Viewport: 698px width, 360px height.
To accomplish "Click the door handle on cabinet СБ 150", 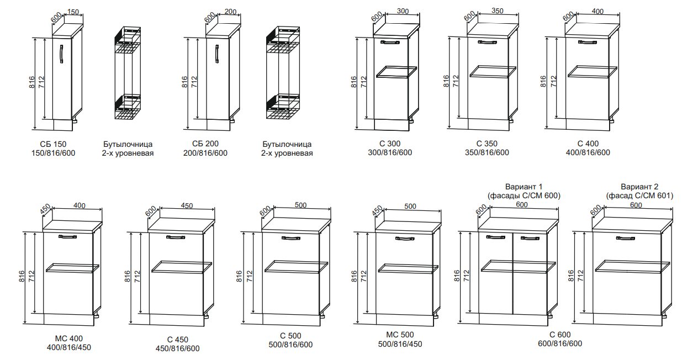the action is pyautogui.click(x=61, y=54).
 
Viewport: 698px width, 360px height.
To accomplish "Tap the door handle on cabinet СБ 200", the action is pyautogui.click(x=217, y=54).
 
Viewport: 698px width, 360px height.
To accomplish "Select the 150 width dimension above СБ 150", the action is pyautogui.click(x=73, y=12).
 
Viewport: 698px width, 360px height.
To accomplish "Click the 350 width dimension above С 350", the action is pyautogui.click(x=498, y=10).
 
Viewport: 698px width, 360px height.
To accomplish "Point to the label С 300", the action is pyautogui.click(x=390, y=144).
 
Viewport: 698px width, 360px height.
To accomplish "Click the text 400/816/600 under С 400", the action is pyautogui.click(x=588, y=152).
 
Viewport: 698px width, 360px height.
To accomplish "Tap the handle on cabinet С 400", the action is pyautogui.click(x=588, y=42).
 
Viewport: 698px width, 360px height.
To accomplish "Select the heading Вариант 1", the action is pyautogui.click(x=524, y=187).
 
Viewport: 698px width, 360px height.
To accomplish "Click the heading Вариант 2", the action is pyautogui.click(x=639, y=187).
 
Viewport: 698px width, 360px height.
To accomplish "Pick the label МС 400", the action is pyautogui.click(x=69, y=338).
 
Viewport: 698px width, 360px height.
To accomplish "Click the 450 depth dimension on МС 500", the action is pyautogui.click(x=377, y=211).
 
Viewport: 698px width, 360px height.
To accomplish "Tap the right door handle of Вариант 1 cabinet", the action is pyautogui.click(x=530, y=238).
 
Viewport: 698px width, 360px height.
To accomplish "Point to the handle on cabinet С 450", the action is pyautogui.click(x=176, y=237).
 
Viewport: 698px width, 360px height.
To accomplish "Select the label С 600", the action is pyautogui.click(x=560, y=335).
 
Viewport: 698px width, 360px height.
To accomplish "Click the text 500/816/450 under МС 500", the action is pyautogui.click(x=400, y=344).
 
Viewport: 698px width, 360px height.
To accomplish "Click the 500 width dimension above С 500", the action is pyautogui.click(x=301, y=205).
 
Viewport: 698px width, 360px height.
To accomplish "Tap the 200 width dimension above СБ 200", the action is pyautogui.click(x=230, y=12).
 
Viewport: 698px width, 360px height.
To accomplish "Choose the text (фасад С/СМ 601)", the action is pyautogui.click(x=639, y=196).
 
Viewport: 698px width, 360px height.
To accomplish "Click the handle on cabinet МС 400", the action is pyautogui.click(x=67, y=237).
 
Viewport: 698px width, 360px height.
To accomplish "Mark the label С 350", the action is pyautogui.click(x=487, y=144).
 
